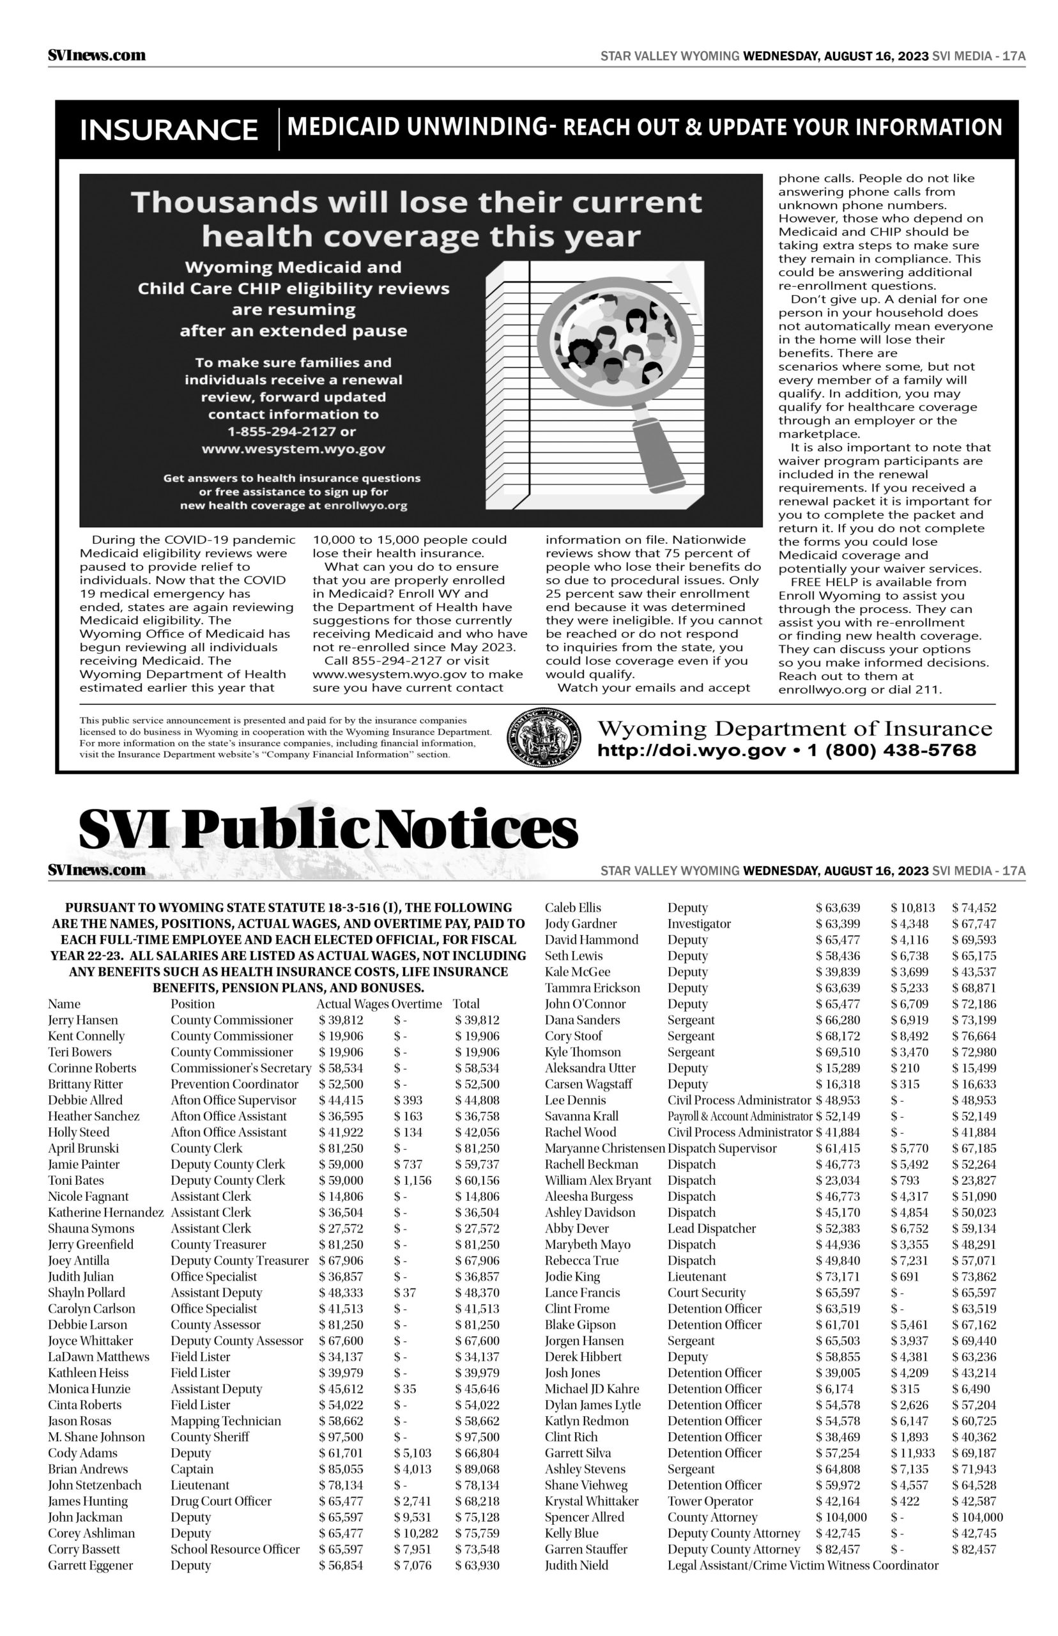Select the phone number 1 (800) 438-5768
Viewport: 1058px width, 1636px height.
(892, 750)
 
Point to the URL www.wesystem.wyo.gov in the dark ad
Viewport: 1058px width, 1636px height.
(293, 449)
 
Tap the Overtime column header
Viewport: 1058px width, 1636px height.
(417, 1004)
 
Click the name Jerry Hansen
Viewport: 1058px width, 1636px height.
(83, 1020)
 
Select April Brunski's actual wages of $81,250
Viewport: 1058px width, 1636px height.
(341, 1148)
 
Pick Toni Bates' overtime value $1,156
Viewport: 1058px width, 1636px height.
(412, 1180)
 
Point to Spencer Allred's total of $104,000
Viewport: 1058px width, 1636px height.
(977, 1517)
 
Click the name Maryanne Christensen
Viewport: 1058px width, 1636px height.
(604, 1148)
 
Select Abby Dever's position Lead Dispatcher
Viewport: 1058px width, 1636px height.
(711, 1228)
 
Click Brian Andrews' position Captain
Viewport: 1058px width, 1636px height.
(192, 1469)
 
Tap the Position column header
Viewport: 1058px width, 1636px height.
(192, 1004)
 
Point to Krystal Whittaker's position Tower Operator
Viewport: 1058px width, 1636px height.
(710, 1501)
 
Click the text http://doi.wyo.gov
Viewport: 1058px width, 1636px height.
(691, 750)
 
